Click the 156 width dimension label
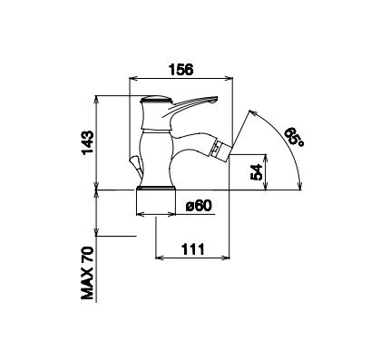click(x=181, y=70)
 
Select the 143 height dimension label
click(x=87, y=142)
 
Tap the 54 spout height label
click(x=257, y=172)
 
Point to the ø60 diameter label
click(x=199, y=206)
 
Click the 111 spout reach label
click(x=193, y=249)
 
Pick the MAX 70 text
click(x=87, y=273)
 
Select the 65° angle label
click(x=295, y=137)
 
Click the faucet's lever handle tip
click(x=214, y=99)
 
